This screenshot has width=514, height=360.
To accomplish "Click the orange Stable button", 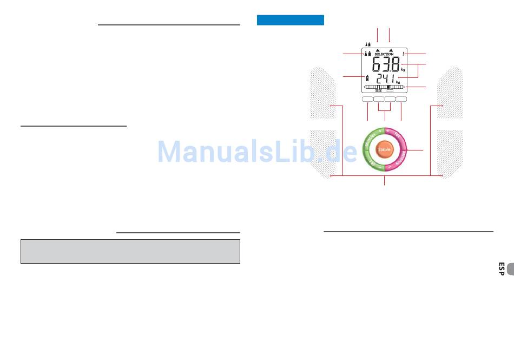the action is coord(385,149).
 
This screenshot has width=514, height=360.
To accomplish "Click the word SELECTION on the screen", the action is coord(384,55).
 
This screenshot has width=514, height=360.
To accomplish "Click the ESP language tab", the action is coord(502,269).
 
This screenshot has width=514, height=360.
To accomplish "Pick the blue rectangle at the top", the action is coord(290,20).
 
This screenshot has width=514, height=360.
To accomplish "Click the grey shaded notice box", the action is coord(130,252).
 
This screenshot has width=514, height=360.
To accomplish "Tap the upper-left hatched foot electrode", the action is coord(324,93).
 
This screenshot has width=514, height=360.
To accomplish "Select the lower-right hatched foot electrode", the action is coord(449,154).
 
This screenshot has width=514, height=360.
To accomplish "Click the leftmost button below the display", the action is coord(367,100).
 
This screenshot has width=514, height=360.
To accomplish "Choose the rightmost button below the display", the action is coord(401,100).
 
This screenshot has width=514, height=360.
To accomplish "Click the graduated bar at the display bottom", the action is coord(384,87).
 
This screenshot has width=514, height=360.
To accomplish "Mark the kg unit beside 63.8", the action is coord(403,70).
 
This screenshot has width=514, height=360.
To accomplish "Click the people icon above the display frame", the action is coord(368,44).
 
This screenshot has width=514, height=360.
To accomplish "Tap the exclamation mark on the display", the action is coord(404,54).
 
